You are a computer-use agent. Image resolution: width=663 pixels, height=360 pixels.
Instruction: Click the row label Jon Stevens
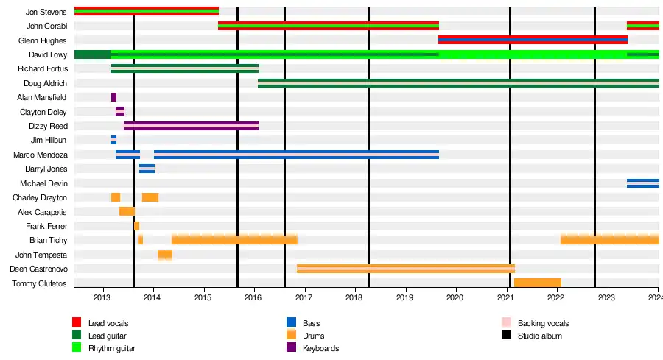tap(46, 12)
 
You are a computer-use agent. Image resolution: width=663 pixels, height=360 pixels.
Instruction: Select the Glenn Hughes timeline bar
tap(533, 40)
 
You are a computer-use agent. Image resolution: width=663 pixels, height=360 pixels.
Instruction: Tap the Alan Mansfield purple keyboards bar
tap(113, 97)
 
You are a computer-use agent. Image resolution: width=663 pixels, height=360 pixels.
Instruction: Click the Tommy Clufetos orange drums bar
tap(538, 283)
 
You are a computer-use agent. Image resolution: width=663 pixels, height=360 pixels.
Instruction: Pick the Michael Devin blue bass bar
tap(642, 183)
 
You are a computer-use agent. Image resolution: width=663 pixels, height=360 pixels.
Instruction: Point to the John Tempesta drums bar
tap(165, 255)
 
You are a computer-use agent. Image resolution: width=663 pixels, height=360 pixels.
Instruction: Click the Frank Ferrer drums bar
tap(136, 226)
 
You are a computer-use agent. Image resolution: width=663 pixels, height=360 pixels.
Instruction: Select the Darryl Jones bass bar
tap(147, 169)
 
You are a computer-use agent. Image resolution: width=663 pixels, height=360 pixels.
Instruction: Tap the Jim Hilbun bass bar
tap(113, 140)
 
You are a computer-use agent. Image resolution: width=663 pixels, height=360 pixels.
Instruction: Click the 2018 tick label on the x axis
tap(354, 297)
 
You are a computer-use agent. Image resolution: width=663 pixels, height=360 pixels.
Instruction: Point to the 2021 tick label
tap(505, 297)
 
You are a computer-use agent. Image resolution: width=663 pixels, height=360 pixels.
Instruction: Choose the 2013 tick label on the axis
tap(102, 297)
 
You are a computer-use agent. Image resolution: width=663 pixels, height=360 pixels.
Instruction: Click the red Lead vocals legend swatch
tap(77, 322)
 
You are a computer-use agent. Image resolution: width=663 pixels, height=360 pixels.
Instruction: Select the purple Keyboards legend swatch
tap(291, 347)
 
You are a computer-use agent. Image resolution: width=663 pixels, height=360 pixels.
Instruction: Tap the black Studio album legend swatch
tap(506, 335)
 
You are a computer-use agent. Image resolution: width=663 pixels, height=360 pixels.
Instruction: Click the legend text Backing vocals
tap(543, 323)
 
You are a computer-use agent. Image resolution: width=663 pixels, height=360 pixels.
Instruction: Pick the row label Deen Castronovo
tap(39, 269)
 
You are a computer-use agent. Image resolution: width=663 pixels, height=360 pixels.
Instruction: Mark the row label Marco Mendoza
tap(41, 155)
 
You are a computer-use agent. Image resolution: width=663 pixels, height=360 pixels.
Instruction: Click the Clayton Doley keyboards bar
tap(120, 111)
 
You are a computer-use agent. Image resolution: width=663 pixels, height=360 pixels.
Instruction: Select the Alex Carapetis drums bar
tap(127, 211)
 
